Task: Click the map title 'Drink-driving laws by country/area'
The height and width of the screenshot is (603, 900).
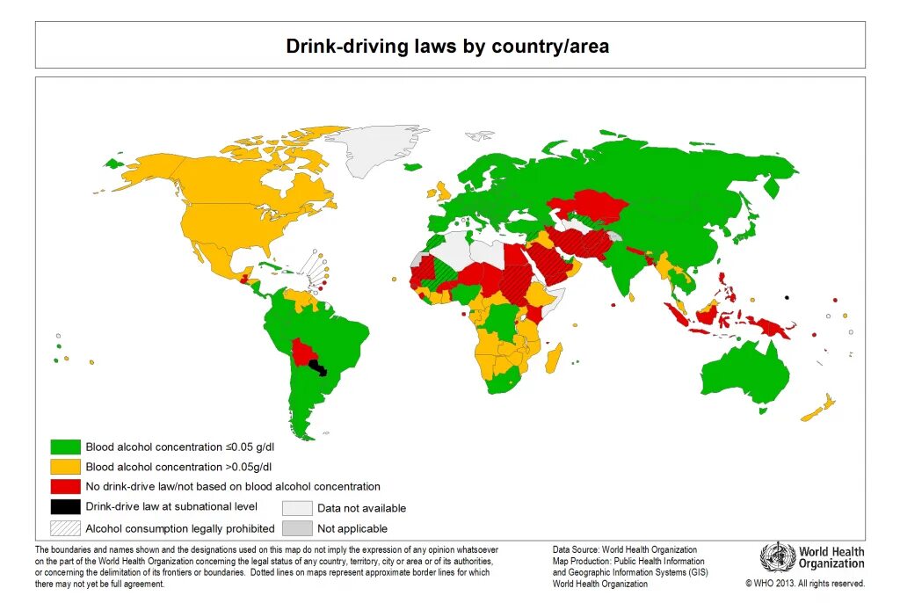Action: click(447, 46)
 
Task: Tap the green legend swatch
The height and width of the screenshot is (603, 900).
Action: click(66, 447)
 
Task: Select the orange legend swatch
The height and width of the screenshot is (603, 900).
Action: click(66, 467)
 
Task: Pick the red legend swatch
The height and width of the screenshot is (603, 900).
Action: click(66, 486)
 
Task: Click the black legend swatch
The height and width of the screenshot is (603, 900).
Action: click(66, 506)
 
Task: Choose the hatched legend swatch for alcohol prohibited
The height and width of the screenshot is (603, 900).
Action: click(66, 528)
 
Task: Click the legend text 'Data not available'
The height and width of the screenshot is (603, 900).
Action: click(361, 508)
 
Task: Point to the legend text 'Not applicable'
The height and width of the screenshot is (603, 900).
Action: click(352, 528)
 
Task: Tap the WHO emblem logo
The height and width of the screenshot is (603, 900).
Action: click(777, 557)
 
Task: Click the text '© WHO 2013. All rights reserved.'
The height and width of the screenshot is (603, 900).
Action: click(805, 583)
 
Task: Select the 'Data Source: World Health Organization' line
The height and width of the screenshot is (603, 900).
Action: click(624, 550)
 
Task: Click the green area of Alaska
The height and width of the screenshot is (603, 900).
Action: click(112, 163)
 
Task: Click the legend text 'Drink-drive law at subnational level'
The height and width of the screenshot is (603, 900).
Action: click(171, 506)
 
